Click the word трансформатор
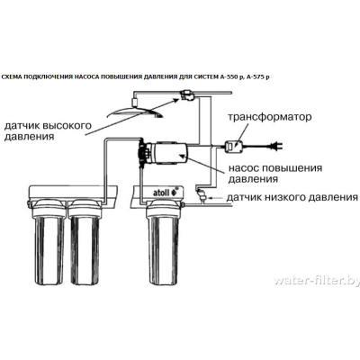click(270, 117)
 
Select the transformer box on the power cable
click(234, 146)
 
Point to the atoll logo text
click(162, 193)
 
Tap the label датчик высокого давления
click(48, 131)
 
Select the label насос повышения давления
click(275, 174)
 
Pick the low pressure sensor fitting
click(201, 195)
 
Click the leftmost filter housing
click(49, 242)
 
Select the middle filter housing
click(85, 242)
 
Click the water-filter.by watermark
click(317, 281)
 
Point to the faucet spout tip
click(158, 116)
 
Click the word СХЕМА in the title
click(11, 77)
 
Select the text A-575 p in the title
click(257, 77)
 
